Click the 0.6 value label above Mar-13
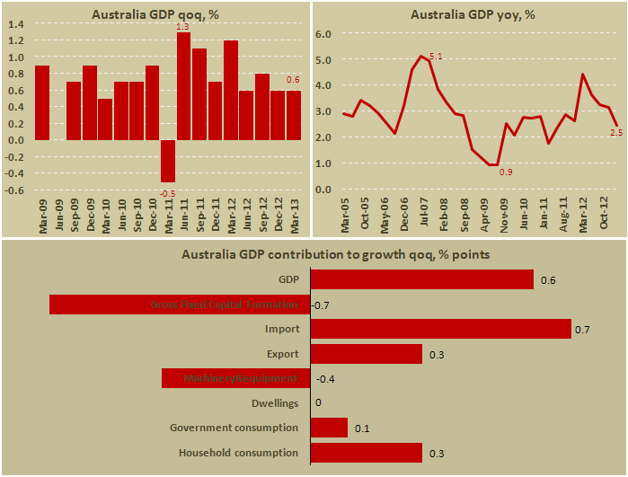point(293,80)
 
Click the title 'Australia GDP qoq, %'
point(156,14)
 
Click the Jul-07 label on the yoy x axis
point(421,217)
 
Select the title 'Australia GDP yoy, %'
point(468,14)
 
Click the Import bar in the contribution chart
point(440,329)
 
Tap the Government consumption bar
point(329,428)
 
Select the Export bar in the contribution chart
point(366,354)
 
